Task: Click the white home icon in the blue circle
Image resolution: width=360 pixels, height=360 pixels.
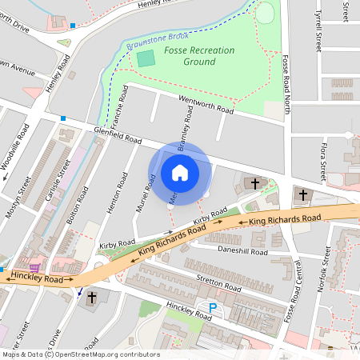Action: click(x=180, y=173)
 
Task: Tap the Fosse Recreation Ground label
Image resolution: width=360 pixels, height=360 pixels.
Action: click(x=199, y=56)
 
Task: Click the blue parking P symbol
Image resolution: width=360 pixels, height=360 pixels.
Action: click(x=213, y=308)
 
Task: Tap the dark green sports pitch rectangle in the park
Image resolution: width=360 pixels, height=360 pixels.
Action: click(x=146, y=58)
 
